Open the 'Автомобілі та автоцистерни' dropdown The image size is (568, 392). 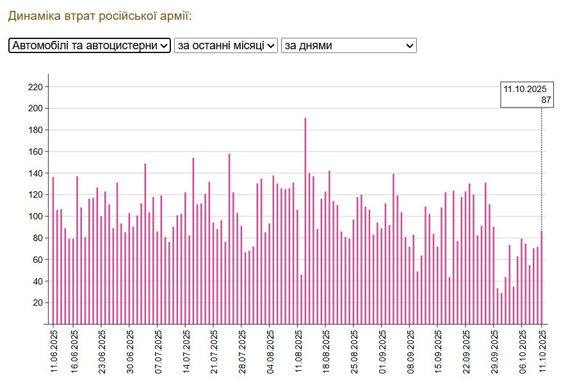90,45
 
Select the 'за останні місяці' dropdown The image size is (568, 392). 226,45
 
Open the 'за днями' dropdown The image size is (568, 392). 348,45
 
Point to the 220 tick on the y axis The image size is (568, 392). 36,87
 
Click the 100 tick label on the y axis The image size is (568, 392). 36,217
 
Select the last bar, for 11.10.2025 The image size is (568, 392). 542,278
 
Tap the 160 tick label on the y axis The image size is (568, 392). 36,152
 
